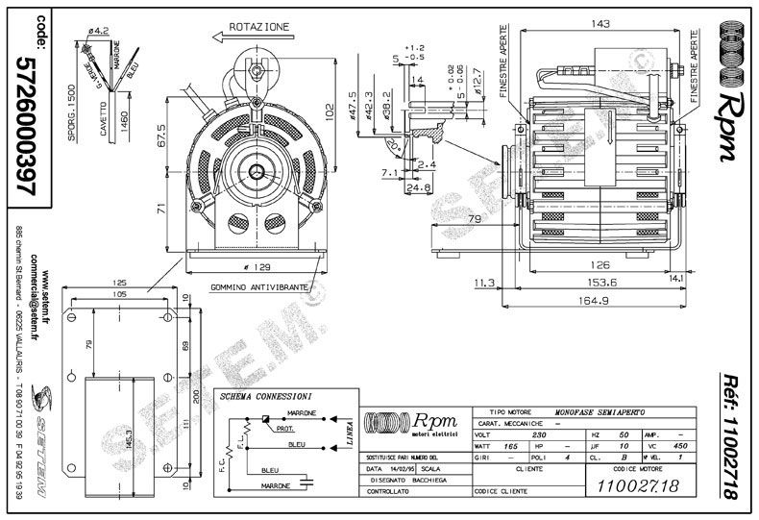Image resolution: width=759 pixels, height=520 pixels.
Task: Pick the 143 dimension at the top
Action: click(601, 23)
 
